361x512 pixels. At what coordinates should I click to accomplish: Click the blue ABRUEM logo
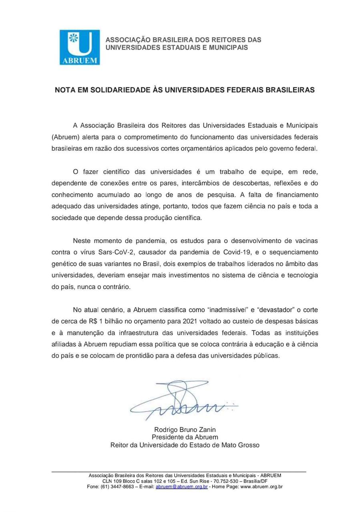80,47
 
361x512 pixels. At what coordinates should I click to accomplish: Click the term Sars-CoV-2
106,252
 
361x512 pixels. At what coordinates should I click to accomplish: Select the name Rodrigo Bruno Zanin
185,430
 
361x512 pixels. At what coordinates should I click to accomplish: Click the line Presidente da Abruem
185,437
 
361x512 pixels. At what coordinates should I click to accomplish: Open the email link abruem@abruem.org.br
181,487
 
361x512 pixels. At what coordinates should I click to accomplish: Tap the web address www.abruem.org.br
261,487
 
